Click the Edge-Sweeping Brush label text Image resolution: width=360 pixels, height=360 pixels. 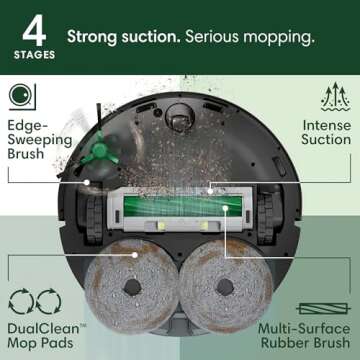pos(40,139)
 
